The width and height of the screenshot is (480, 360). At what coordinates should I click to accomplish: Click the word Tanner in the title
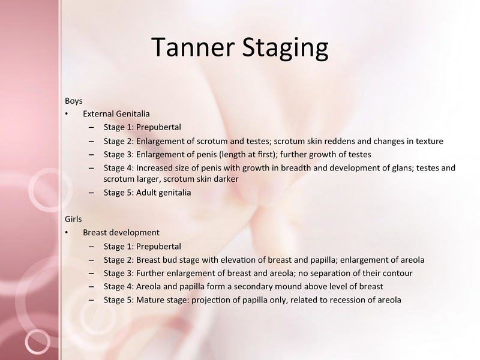pos(193,47)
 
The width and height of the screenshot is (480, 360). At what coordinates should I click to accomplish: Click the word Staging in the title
pos(286,49)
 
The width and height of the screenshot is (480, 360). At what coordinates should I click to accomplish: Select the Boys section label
pos(73,101)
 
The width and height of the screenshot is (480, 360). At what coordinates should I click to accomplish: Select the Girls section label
pos(73,219)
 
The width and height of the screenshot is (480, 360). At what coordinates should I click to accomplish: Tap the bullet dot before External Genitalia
pos(67,114)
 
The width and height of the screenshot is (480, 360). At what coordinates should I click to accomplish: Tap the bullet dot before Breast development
pos(67,233)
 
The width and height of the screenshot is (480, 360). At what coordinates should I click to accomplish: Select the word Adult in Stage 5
pos(145,193)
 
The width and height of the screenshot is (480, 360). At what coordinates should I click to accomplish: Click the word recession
pos(350,299)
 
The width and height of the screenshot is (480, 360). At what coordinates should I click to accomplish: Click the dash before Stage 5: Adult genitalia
pos(91,193)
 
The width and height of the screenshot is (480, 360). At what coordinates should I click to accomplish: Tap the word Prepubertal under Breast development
pos(158,247)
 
